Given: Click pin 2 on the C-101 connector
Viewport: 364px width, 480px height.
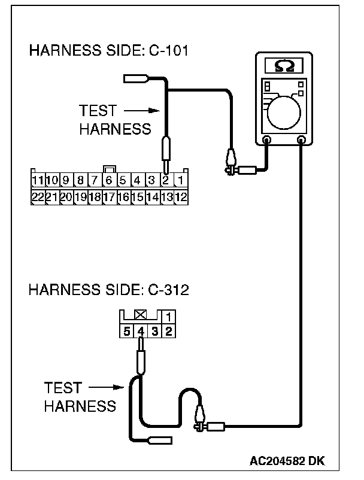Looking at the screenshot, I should click(x=167, y=180).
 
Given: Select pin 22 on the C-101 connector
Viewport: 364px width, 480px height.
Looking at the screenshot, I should click(x=37, y=196).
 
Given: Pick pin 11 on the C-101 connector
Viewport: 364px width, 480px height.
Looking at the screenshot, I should click(x=37, y=180).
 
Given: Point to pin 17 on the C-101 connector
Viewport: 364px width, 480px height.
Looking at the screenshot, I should click(x=109, y=196).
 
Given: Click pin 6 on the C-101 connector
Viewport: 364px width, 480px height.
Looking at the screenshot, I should click(x=109, y=180).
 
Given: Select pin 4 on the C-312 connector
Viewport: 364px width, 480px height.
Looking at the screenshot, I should click(x=141, y=330).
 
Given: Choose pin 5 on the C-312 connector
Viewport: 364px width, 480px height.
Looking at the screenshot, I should click(x=126, y=330).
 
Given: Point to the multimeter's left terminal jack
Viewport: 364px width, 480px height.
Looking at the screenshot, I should click(x=267, y=140).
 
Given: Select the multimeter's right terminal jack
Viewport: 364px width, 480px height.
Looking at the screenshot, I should click(x=301, y=140).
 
